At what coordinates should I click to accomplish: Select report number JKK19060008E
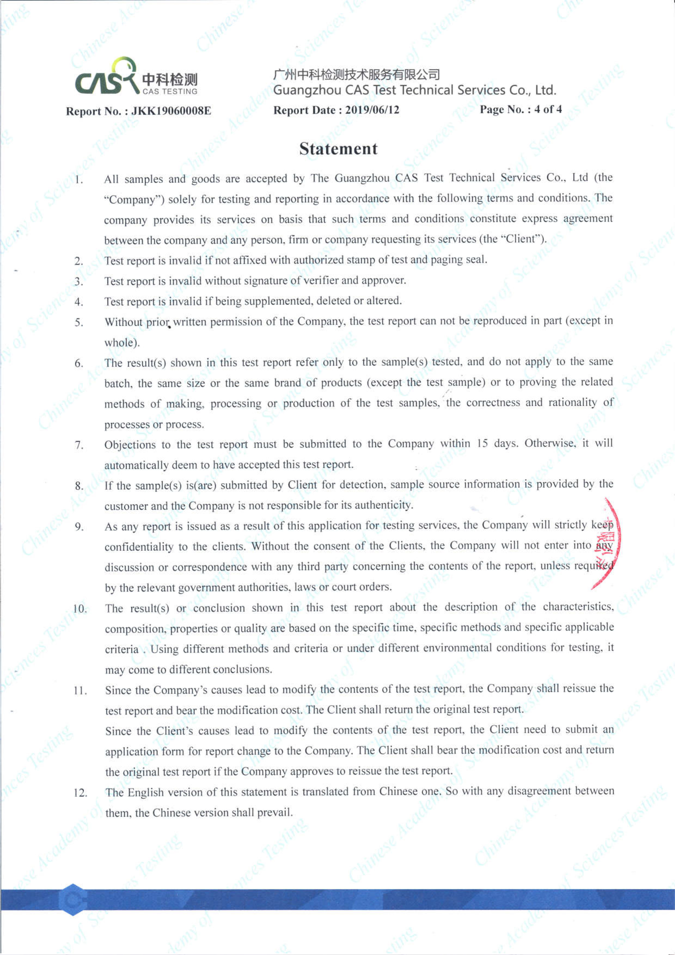click(171, 111)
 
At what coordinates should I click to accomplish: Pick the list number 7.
click(79, 445)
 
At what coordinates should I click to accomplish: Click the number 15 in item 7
click(482, 443)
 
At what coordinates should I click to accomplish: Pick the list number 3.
click(79, 281)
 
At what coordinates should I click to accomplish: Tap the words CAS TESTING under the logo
click(170, 91)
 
